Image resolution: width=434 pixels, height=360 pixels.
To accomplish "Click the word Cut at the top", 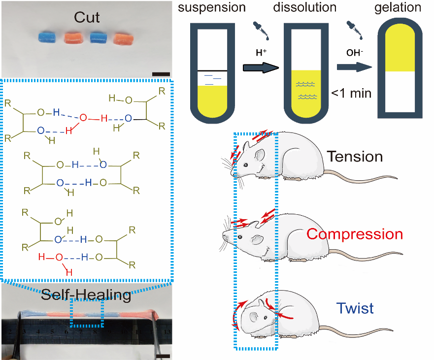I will pos(87,18).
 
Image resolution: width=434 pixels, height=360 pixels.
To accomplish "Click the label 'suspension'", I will pos(211,8).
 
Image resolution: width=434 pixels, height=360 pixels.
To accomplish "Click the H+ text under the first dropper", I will pos(261,51).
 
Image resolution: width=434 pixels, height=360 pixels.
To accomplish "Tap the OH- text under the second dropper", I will pos(354,51).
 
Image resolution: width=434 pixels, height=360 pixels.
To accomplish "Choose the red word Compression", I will pos(354,233).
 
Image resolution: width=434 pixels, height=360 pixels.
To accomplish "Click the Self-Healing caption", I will pos(86,295).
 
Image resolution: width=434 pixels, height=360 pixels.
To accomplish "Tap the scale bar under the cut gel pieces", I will pos(161,74).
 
